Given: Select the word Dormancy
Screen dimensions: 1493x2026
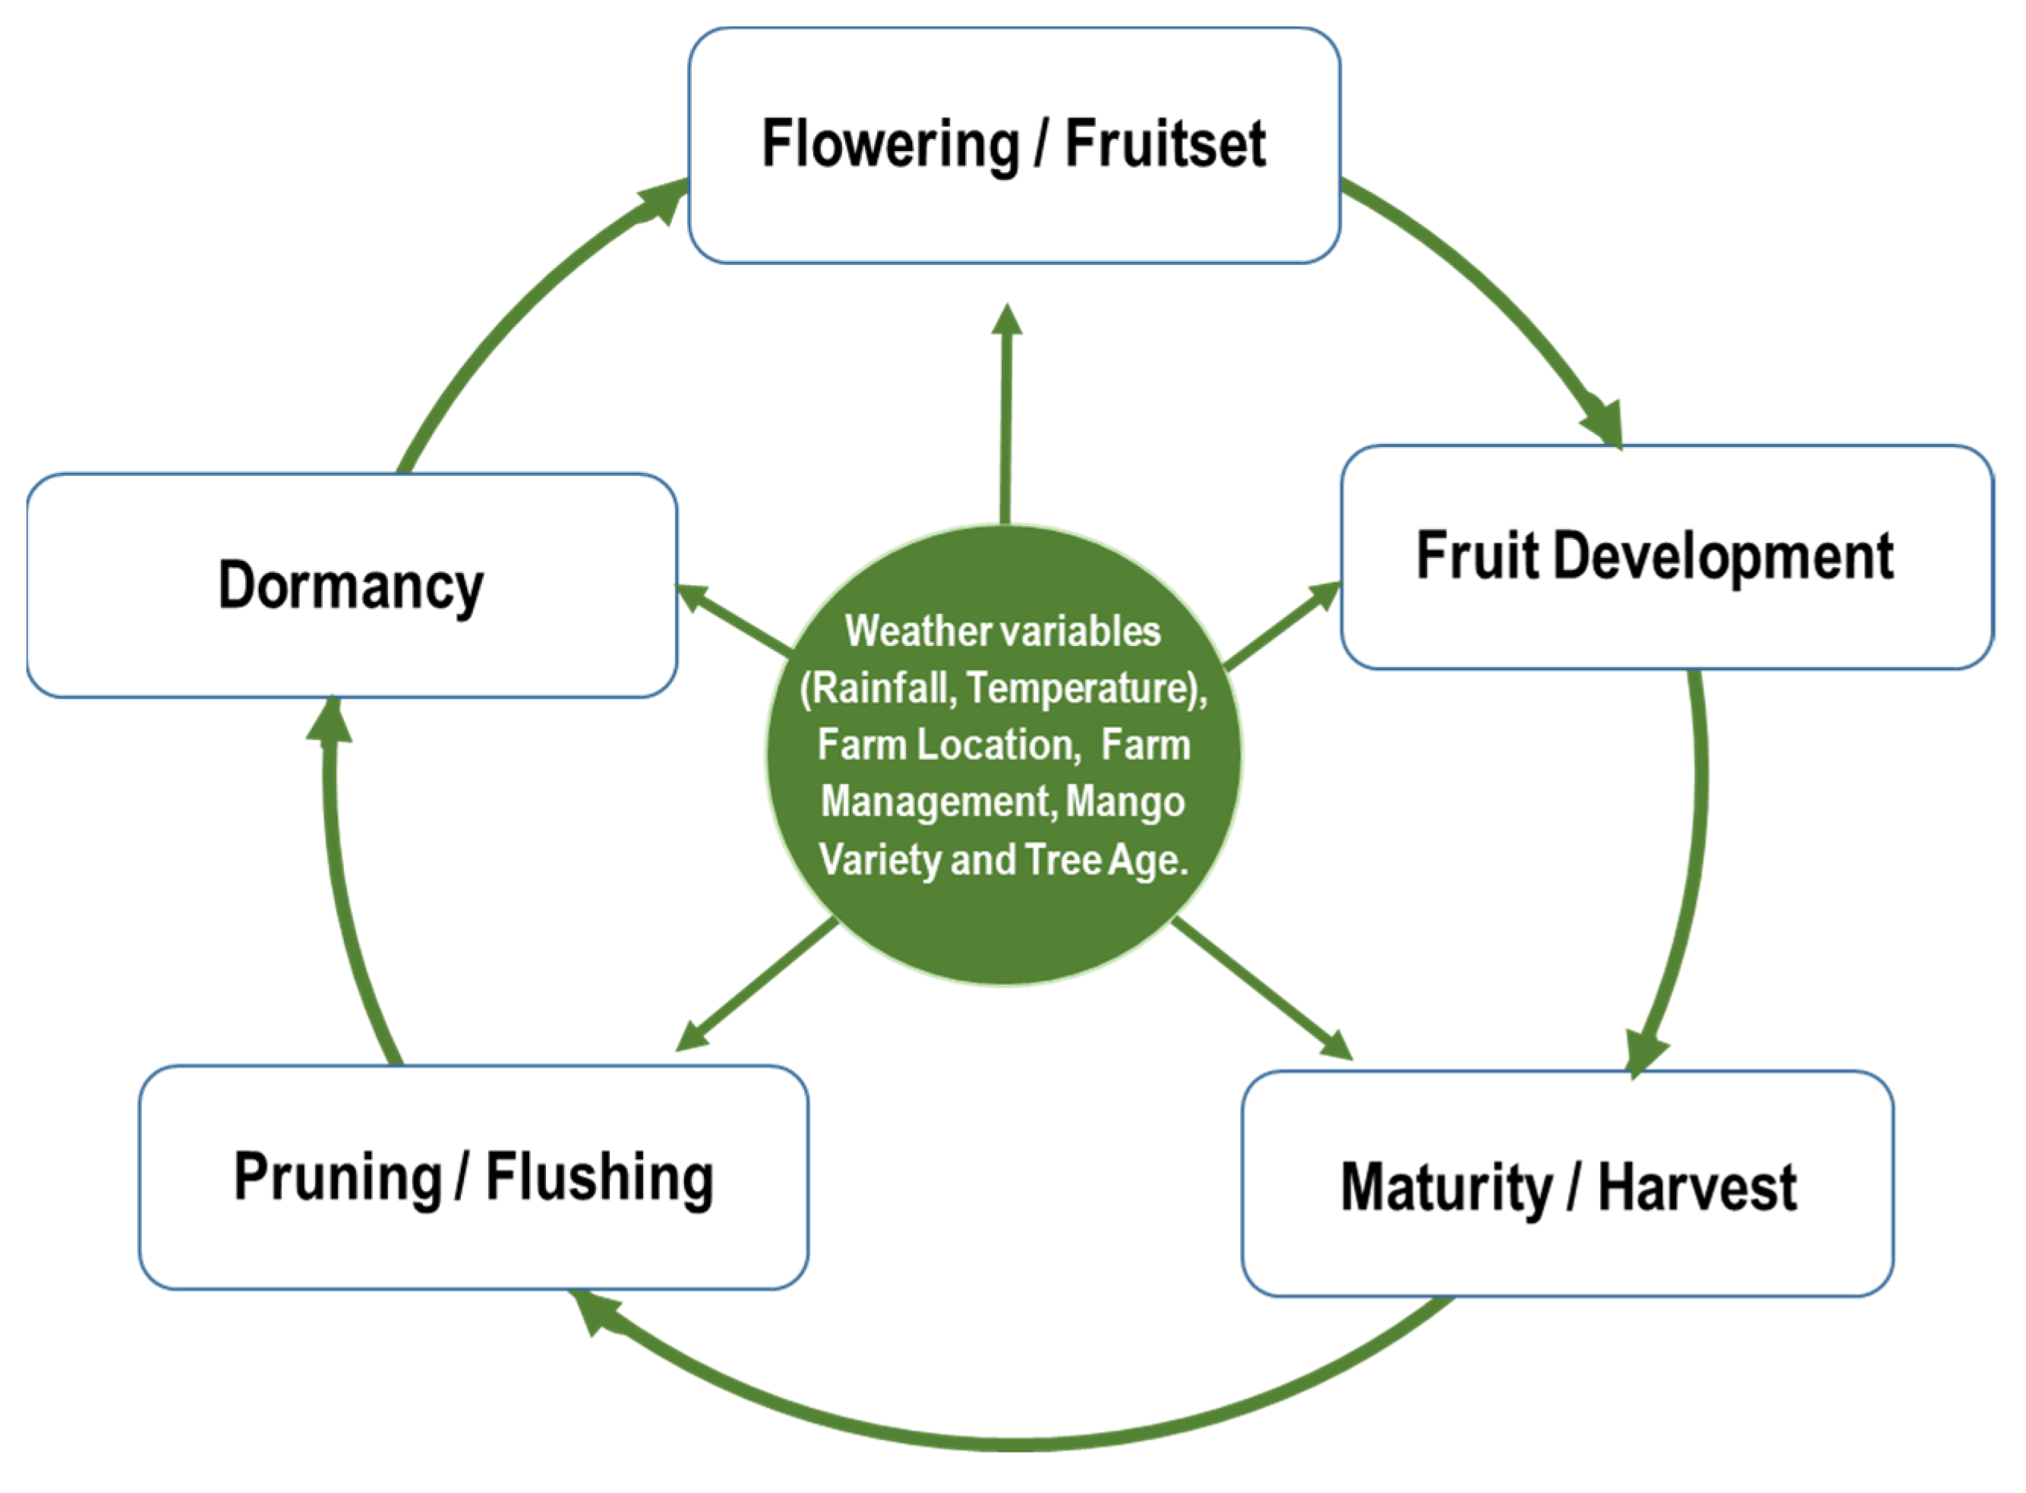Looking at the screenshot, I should point(351,587).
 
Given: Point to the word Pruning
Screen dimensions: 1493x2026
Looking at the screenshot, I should point(337,1177).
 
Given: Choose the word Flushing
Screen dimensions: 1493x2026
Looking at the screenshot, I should point(599,1177).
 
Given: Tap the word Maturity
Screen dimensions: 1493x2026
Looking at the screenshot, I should point(1444,1188).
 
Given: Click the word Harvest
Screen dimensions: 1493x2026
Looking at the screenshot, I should point(1697,1188).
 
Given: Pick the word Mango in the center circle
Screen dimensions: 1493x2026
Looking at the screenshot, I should point(1125,802).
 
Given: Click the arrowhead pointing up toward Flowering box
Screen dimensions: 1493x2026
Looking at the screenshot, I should point(1006,321).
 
